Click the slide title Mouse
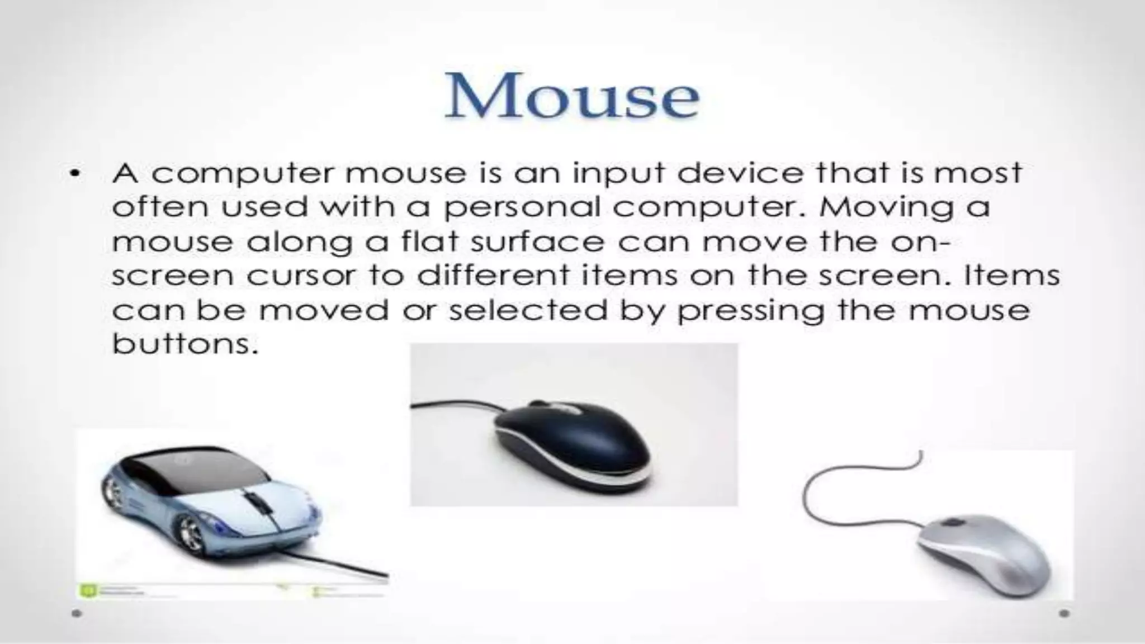pyautogui.click(x=571, y=97)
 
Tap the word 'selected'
pyautogui.click(x=528, y=310)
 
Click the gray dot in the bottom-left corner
pyautogui.click(x=77, y=613)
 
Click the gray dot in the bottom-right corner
pyautogui.click(x=1064, y=613)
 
